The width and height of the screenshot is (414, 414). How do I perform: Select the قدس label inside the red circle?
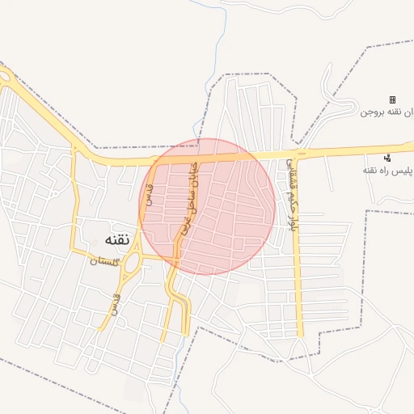(148, 192)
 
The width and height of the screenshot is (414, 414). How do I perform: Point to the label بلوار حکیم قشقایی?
(290, 194)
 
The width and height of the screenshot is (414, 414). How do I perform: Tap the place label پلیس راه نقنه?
(387, 170)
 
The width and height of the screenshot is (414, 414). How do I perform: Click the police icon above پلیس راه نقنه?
(387, 158)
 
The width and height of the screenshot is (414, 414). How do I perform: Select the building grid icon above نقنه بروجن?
(392, 100)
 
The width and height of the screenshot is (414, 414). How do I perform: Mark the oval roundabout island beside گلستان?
(131, 260)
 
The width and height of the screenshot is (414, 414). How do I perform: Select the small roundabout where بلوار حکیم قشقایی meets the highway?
(301, 153)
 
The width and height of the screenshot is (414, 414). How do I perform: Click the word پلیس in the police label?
(400, 170)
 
